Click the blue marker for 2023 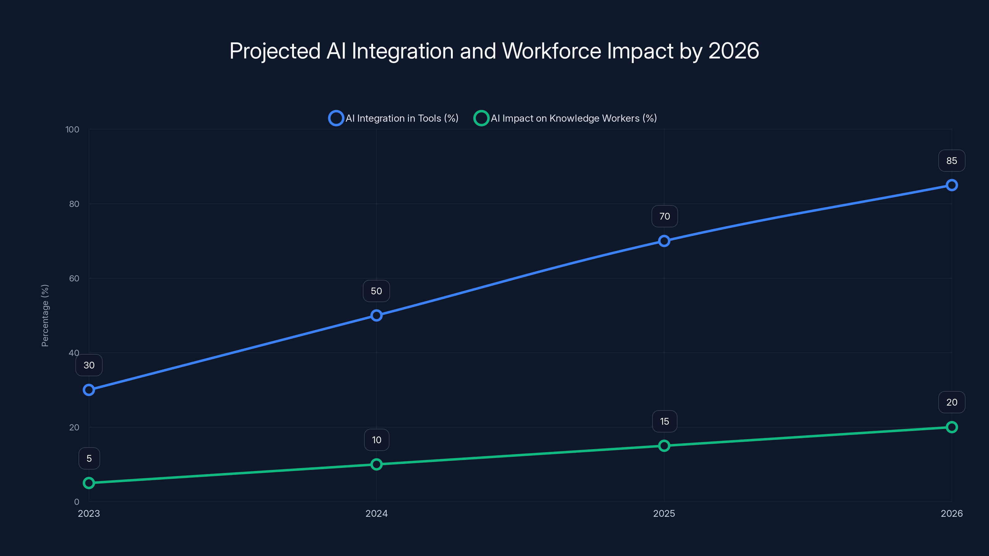pyautogui.click(x=89, y=390)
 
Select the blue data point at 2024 pyautogui.click(x=376, y=315)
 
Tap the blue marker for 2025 pyautogui.click(x=664, y=241)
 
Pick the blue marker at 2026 pyautogui.click(x=951, y=185)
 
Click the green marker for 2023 pyautogui.click(x=89, y=483)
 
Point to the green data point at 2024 pyautogui.click(x=376, y=464)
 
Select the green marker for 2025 pyautogui.click(x=664, y=445)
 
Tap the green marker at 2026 pyautogui.click(x=951, y=427)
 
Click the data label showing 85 pyautogui.click(x=951, y=161)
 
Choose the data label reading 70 pyautogui.click(x=664, y=217)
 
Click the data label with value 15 pyautogui.click(x=664, y=421)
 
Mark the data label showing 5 pyautogui.click(x=89, y=458)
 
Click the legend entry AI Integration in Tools pyautogui.click(x=393, y=118)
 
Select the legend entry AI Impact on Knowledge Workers pyautogui.click(x=565, y=118)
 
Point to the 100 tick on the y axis pyautogui.click(x=72, y=130)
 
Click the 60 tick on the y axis pyautogui.click(x=74, y=279)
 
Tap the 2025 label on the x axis pyautogui.click(x=664, y=513)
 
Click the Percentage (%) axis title pyautogui.click(x=45, y=315)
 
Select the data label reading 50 pyautogui.click(x=376, y=291)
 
